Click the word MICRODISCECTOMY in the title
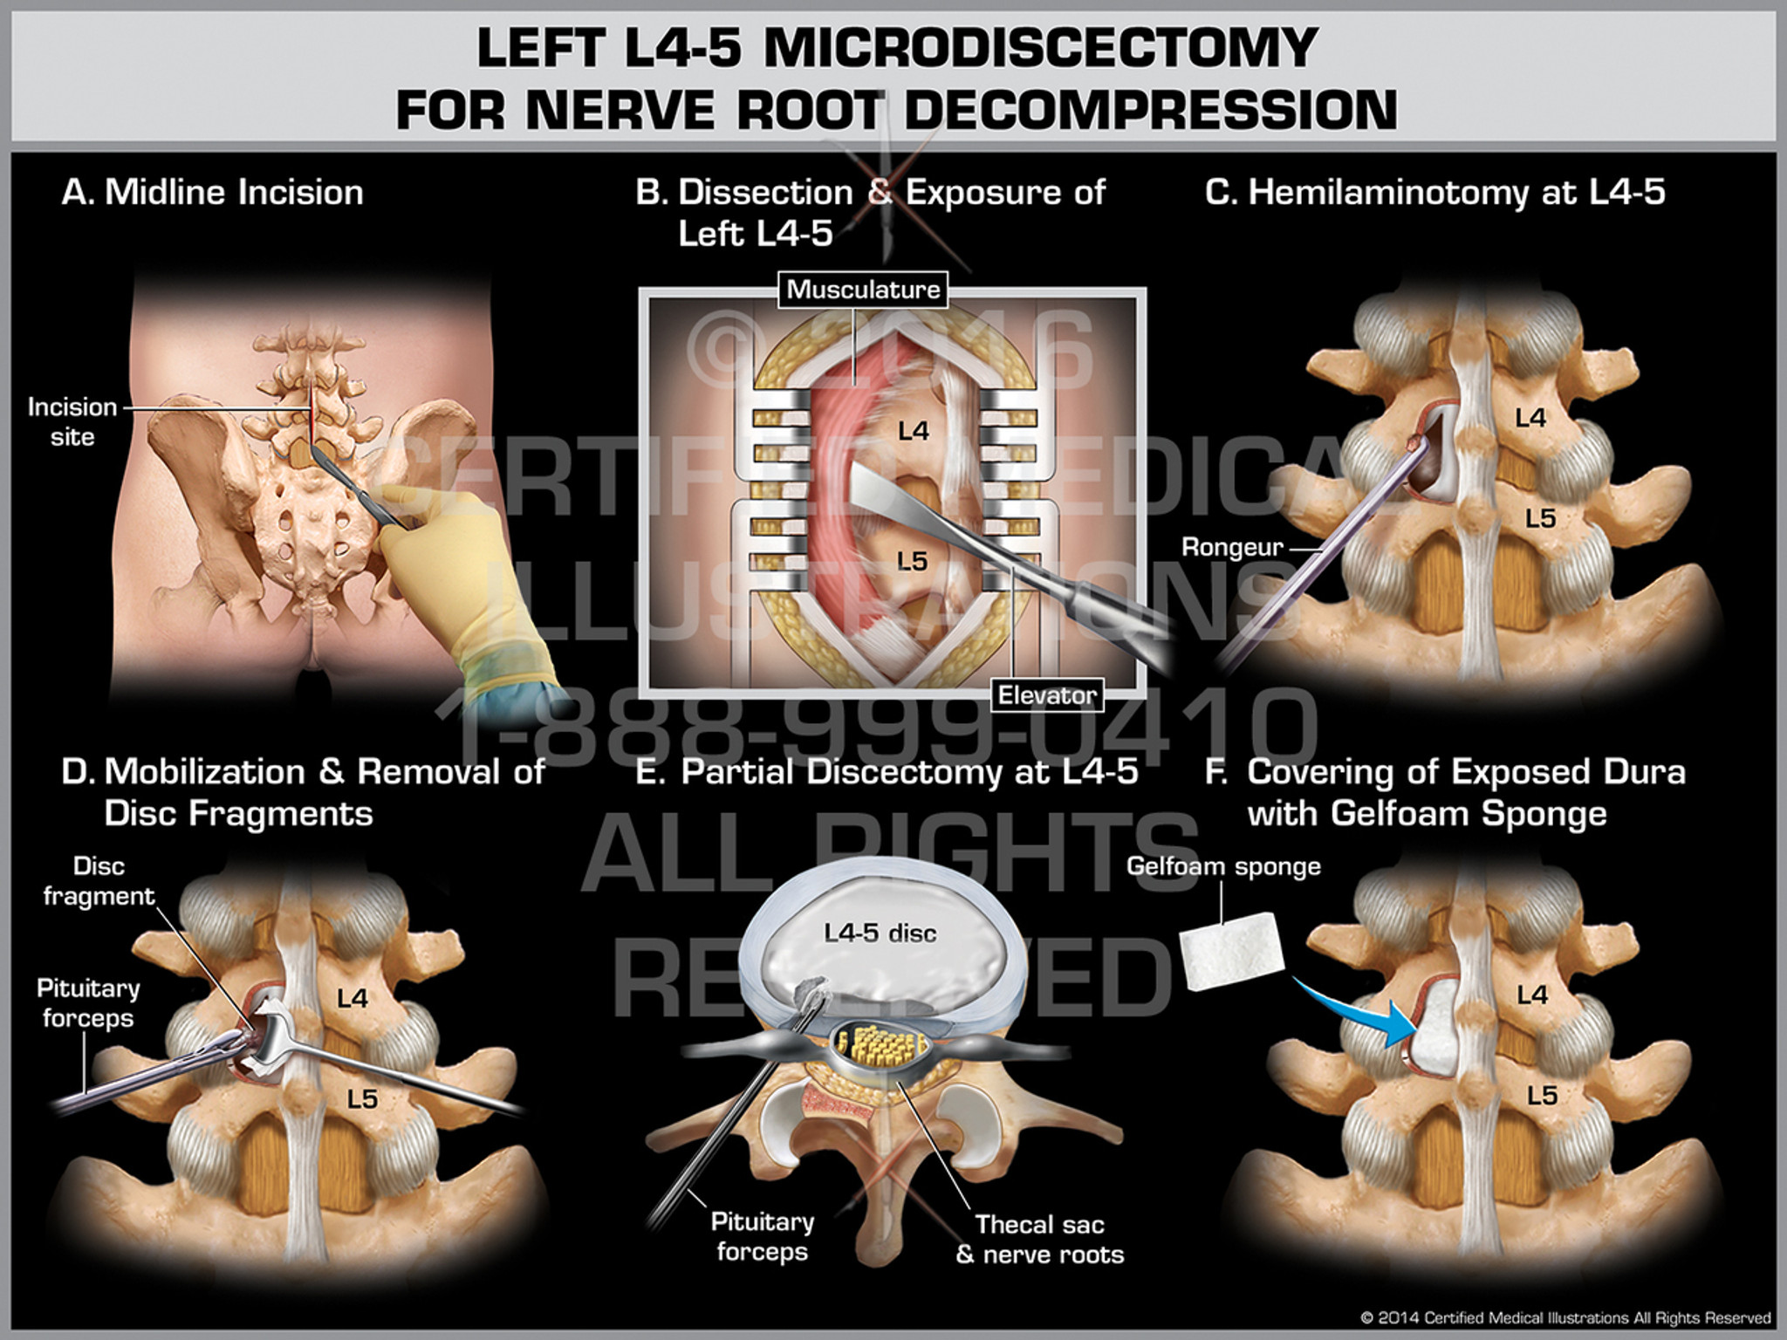pos(1040,48)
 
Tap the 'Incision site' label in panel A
pos(72,421)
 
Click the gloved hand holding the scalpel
pos(462,558)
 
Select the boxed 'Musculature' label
pos(863,290)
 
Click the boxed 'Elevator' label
pos(1047,695)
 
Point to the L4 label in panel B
pos(913,431)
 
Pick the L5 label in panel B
pos(912,561)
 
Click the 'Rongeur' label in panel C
pos(1231,548)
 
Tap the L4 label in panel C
pos(1530,419)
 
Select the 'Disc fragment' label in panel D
pos(99,881)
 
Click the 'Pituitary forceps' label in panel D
pos(87,1003)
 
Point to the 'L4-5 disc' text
pos(880,933)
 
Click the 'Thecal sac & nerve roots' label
pos(1039,1240)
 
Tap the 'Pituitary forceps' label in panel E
pos(762,1237)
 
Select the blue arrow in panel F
pos(1361,1012)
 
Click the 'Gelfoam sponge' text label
pos(1222,866)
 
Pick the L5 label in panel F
pos(1542,1096)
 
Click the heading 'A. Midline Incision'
pos(212,193)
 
